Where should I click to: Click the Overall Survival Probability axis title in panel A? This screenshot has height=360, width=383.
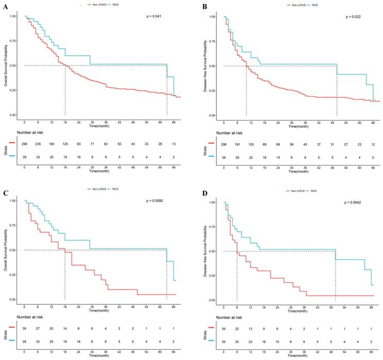(6, 65)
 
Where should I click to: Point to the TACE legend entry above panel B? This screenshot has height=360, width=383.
(314, 5)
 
